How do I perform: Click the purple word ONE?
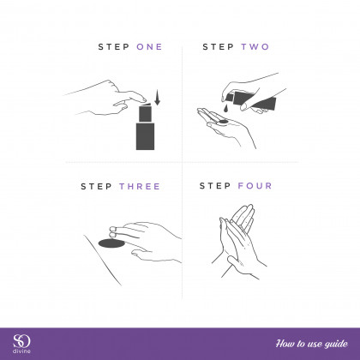(149, 46)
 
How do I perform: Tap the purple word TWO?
(255, 46)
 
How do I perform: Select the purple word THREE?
(140, 187)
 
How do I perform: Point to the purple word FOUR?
(255, 186)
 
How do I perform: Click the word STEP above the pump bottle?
(114, 46)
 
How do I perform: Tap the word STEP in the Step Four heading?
(215, 186)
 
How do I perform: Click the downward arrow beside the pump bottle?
(157, 97)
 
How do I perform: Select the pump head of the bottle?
(145, 112)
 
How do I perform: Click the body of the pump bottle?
(145, 136)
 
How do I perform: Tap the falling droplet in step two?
(225, 108)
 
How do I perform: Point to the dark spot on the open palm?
(223, 122)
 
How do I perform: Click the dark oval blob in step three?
(111, 243)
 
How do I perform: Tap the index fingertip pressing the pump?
(143, 100)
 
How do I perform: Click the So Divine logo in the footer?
(21, 341)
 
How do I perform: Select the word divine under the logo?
(21, 351)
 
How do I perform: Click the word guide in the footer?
(336, 344)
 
